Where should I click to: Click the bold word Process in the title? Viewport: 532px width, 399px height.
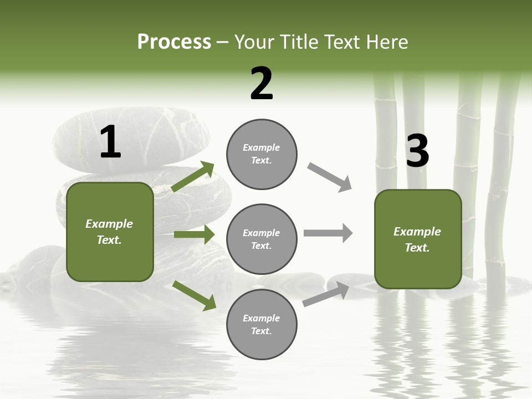click(174, 42)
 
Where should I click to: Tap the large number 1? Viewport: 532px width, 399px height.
click(110, 142)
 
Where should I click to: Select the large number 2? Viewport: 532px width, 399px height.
click(262, 84)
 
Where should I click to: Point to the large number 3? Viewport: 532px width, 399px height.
click(418, 151)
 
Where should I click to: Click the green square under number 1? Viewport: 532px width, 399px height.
click(110, 232)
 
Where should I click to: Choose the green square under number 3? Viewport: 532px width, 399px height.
click(418, 239)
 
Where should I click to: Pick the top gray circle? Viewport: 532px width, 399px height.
click(262, 154)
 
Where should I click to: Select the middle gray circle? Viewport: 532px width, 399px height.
click(262, 239)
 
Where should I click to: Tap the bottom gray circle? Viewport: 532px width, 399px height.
click(262, 325)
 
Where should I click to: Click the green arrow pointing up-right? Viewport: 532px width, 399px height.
click(193, 176)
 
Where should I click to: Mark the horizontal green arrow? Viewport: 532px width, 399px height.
click(194, 234)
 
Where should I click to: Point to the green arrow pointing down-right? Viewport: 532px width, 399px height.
click(195, 295)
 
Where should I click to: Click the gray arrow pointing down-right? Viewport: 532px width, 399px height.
click(330, 177)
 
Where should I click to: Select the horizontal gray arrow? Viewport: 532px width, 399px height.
click(328, 233)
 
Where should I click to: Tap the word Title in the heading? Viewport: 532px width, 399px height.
click(299, 42)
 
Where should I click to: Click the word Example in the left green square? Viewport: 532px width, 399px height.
click(109, 224)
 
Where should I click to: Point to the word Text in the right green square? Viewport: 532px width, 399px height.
click(417, 248)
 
